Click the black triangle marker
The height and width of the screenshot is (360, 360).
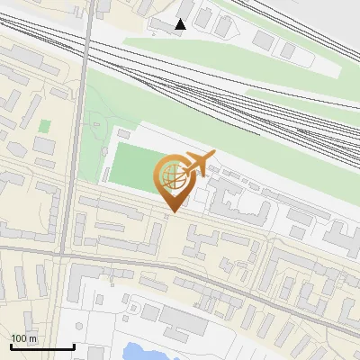click(181, 24)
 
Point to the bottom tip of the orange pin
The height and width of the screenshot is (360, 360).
click(171, 212)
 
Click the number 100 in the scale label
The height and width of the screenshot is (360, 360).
click(19, 338)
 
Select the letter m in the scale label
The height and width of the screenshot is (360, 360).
click(33, 338)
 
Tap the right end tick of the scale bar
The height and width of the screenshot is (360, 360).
click(74, 345)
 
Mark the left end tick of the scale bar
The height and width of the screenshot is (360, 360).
click(11, 345)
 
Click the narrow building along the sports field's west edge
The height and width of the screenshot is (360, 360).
click(104, 163)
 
